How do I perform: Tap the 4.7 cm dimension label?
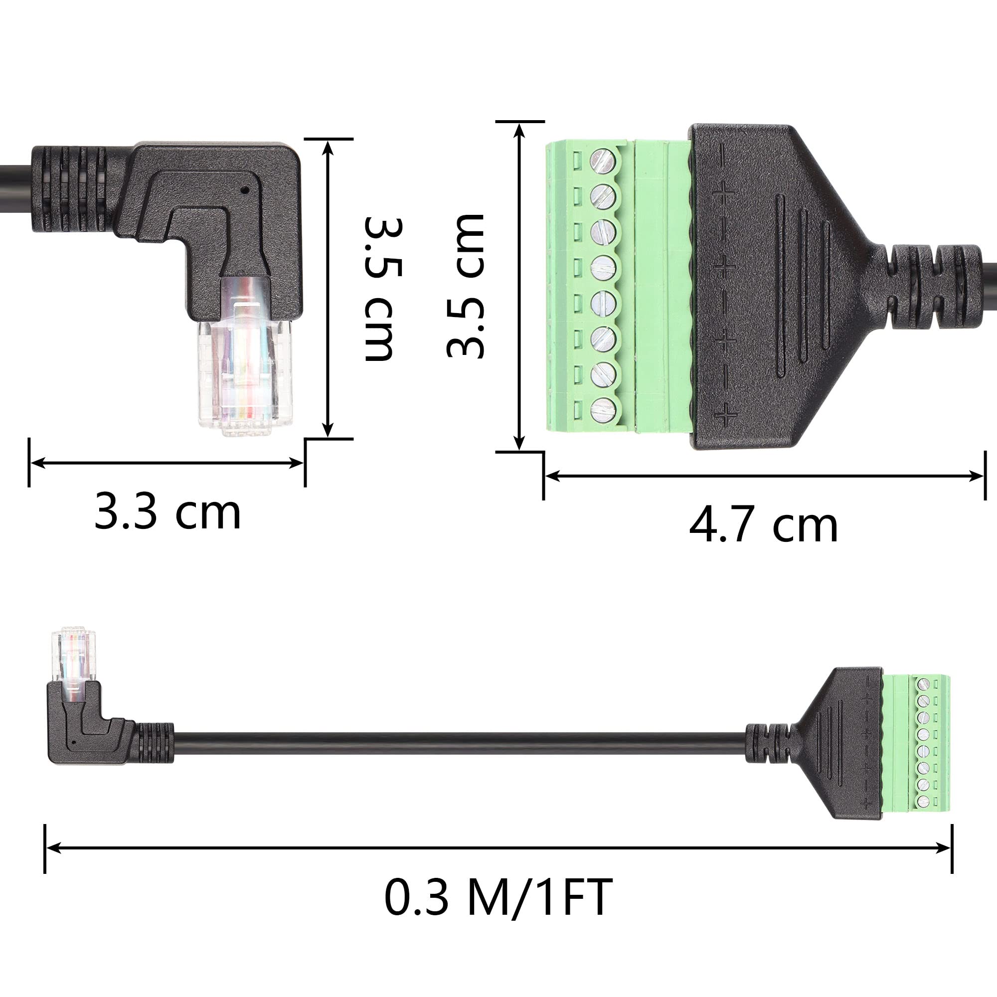click(x=763, y=526)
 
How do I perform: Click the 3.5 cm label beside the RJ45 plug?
click(x=383, y=290)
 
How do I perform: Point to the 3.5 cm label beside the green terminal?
click(x=465, y=285)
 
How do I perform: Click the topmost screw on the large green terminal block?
click(x=603, y=161)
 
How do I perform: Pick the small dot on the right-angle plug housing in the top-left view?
click(x=245, y=190)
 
